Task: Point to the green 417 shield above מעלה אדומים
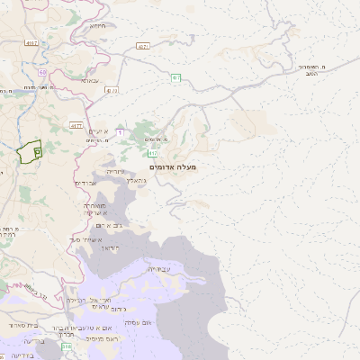pos(154,153)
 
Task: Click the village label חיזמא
pos(98,25)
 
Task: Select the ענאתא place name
pos(91,80)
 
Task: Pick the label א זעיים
pos(97,130)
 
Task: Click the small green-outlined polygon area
pos(30,151)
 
